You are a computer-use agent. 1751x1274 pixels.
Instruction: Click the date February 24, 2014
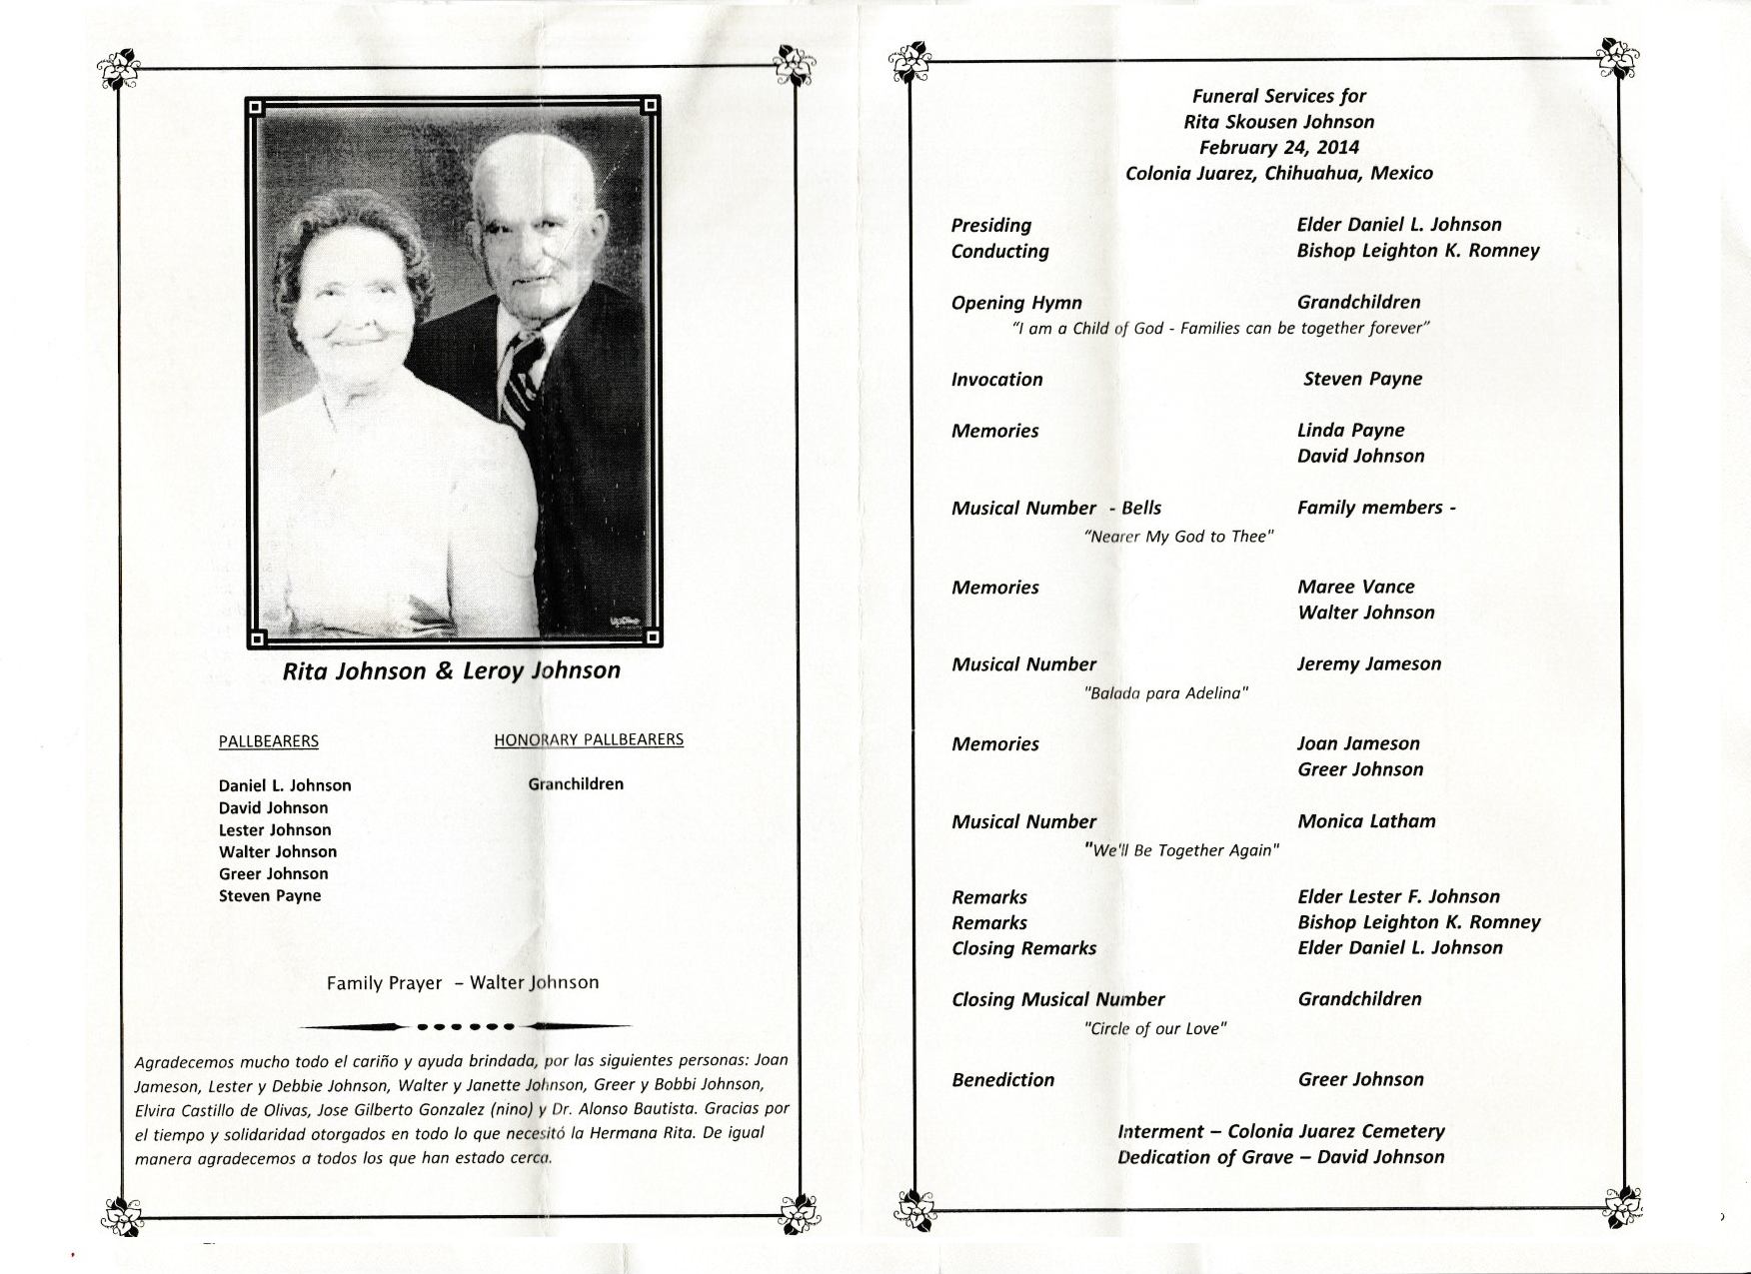[1279, 148]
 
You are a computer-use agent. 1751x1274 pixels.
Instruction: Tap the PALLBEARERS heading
[269, 741]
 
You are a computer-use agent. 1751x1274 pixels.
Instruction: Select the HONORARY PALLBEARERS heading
[589, 739]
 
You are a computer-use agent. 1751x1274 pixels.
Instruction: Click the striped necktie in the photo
[522, 379]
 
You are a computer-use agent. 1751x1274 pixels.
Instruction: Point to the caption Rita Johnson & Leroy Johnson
[452, 670]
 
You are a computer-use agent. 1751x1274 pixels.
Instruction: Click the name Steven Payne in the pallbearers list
[270, 896]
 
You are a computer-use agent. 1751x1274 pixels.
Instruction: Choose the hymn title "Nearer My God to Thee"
[1178, 537]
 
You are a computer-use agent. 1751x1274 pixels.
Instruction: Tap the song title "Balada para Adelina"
[1166, 692]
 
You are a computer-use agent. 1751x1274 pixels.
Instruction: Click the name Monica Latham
[1366, 821]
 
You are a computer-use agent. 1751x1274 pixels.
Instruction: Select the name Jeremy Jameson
[1369, 664]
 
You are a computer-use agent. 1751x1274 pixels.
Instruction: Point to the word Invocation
[996, 380]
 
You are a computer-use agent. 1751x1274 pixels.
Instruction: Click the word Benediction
[1002, 1080]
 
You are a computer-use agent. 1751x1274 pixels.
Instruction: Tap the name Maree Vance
[1355, 588]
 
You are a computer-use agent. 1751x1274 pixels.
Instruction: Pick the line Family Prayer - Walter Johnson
[463, 983]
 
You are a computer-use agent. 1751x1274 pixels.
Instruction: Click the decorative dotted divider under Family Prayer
[465, 1026]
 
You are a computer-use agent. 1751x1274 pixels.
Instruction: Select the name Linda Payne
[1350, 431]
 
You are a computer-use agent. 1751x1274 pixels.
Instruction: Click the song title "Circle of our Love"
[1155, 1028]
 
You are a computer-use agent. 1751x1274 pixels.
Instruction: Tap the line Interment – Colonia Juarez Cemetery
[1281, 1132]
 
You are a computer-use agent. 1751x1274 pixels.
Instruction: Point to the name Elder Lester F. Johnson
[1398, 897]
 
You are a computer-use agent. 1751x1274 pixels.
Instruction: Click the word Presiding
[991, 226]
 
